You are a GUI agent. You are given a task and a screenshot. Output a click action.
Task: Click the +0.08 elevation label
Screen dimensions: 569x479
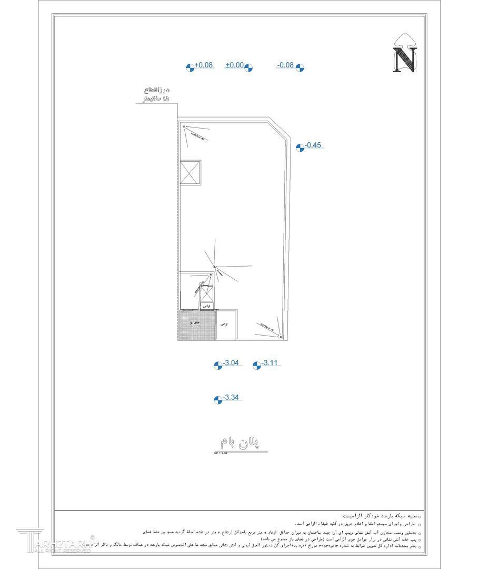(x=204, y=65)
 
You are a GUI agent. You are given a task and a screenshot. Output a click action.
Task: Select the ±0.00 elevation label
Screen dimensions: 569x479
(x=234, y=65)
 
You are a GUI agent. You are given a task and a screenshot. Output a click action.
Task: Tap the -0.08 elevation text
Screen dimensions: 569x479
(x=285, y=65)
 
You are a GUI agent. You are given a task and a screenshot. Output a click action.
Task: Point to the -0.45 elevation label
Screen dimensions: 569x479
(x=314, y=145)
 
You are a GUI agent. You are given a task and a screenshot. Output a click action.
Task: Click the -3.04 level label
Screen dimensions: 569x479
(x=231, y=363)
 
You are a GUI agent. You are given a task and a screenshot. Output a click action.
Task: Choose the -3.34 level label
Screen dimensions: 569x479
(x=232, y=398)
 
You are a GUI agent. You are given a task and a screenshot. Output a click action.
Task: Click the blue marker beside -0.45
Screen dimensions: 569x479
(x=300, y=148)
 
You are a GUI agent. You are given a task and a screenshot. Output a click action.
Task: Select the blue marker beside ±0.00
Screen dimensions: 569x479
(x=248, y=67)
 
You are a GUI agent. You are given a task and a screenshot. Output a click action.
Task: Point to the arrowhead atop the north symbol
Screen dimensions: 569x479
(x=405, y=38)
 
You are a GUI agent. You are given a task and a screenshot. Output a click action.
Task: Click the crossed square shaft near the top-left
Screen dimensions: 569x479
(x=189, y=172)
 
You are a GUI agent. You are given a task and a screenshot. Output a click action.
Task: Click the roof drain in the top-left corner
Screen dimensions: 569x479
(x=184, y=127)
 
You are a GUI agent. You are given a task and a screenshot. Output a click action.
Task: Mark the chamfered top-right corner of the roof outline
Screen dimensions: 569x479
(x=281, y=131)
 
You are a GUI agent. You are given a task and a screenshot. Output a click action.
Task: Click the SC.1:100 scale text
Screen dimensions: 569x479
(x=220, y=453)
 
